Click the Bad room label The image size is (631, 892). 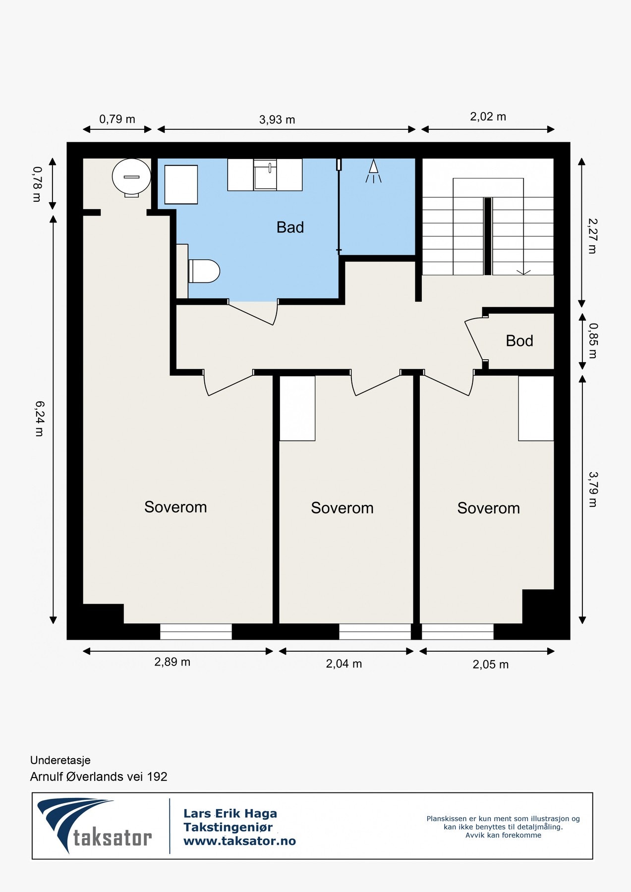pos(290,227)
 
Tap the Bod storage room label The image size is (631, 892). pos(519,341)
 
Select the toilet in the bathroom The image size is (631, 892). pos(204,271)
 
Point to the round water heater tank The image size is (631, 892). pos(131,177)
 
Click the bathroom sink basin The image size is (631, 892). pos(265,175)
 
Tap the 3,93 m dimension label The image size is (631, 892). pos(277,120)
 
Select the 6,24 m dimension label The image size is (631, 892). pos(39,418)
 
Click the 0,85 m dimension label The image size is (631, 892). pos(593,341)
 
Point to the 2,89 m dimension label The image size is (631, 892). pos(172,662)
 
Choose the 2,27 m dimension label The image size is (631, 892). pos(592,236)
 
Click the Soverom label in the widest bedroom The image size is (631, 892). pos(175,507)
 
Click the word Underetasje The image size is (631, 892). pos(60,760)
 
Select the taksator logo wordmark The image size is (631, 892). pos(113,837)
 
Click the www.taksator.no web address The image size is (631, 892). pos(239,841)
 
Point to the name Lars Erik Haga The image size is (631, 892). pos(230,813)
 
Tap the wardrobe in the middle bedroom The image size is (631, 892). pos(297,408)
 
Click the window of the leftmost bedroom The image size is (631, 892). pos(196,632)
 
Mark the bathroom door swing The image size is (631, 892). pos(252,313)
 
